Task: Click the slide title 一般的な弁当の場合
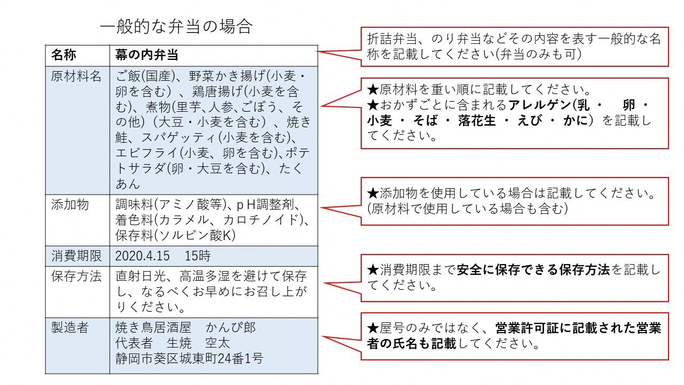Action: (x=176, y=26)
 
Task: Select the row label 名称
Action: (x=64, y=55)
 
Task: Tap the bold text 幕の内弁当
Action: (x=146, y=55)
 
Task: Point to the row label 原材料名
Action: (x=76, y=76)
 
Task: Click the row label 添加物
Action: (x=70, y=204)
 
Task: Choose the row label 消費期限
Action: (x=76, y=256)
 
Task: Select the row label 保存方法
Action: (x=76, y=276)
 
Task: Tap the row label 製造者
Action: (x=70, y=328)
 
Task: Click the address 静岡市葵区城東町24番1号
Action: (x=189, y=358)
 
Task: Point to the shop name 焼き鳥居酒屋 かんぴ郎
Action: (x=185, y=328)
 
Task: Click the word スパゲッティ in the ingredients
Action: (x=179, y=138)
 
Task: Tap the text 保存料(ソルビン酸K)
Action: (x=176, y=235)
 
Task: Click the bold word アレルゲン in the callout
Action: (x=540, y=105)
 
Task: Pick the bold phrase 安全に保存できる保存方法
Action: (x=533, y=270)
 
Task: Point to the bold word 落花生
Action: (x=477, y=121)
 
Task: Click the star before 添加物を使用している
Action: (x=373, y=193)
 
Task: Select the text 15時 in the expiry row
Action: (x=198, y=256)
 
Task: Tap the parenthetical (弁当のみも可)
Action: (x=538, y=55)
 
